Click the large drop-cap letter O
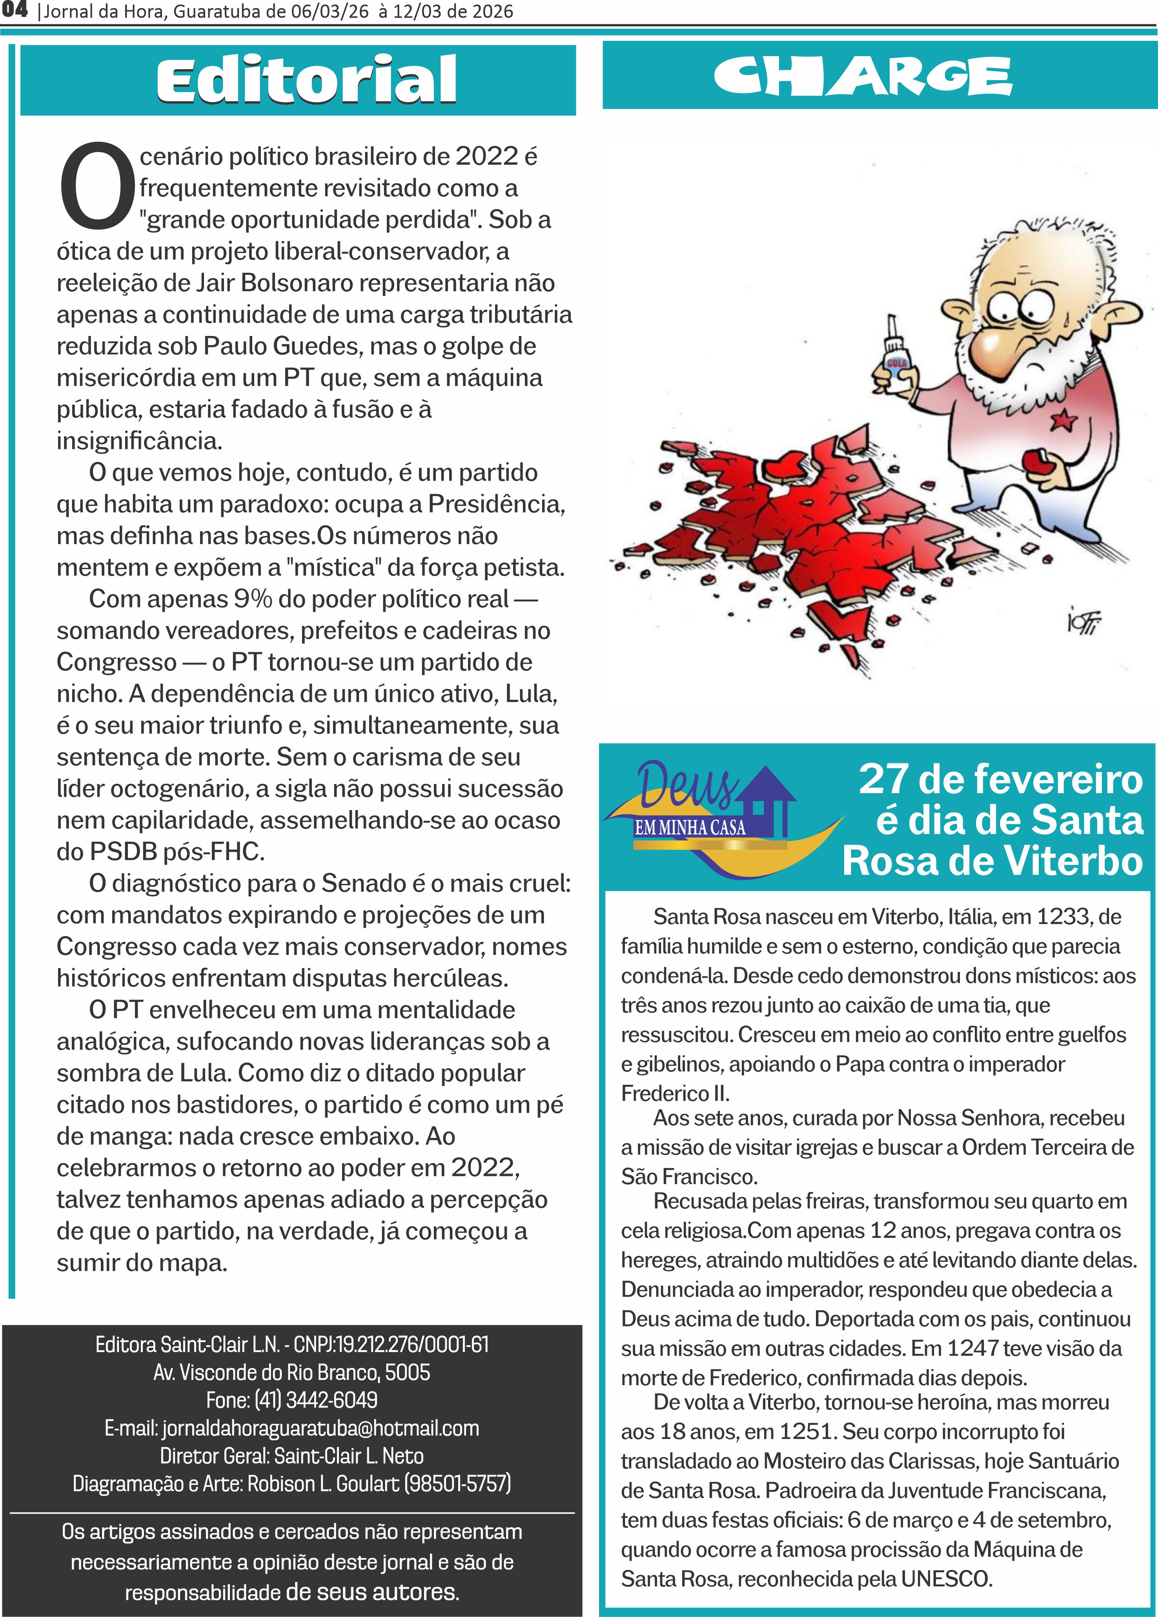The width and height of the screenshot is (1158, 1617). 96,187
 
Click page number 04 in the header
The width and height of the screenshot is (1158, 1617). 14,11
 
